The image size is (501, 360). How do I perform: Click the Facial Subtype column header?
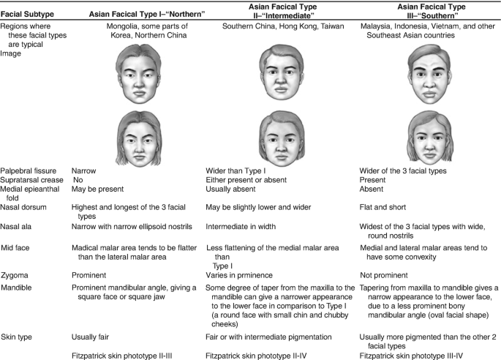26,14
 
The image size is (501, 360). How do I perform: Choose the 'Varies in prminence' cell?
241,274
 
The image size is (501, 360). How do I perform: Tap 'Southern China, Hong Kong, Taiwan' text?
273,28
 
